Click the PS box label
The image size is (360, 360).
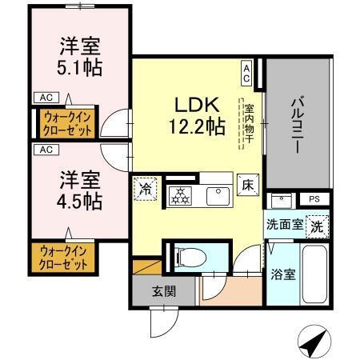314,199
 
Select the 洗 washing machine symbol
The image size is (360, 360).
318,226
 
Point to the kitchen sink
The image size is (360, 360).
216,194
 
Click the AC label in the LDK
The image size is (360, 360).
246,74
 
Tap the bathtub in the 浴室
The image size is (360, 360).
315,274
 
